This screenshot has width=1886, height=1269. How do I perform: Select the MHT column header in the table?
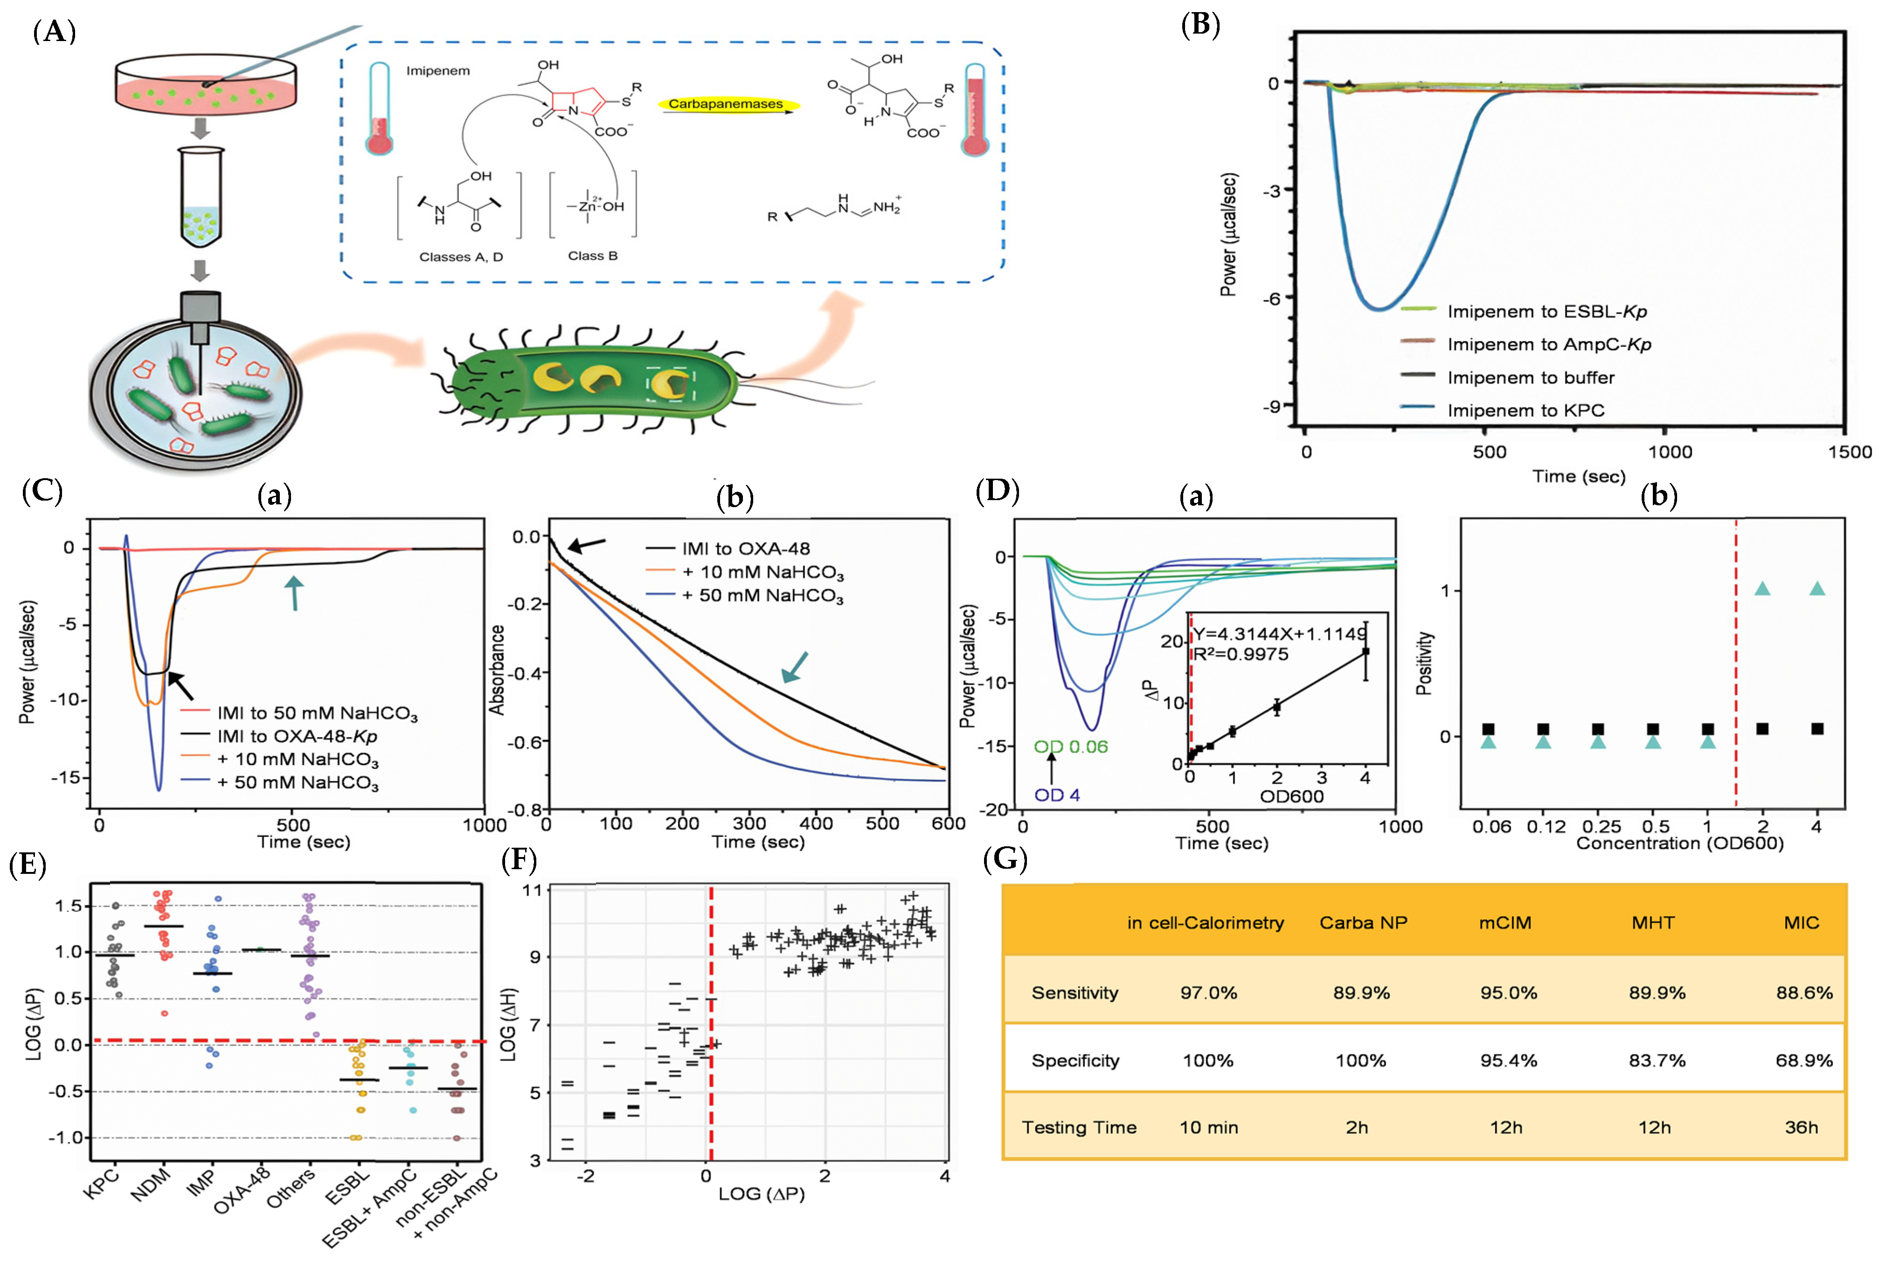coord(1652,923)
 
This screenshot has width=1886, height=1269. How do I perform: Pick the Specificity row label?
coord(1075,1060)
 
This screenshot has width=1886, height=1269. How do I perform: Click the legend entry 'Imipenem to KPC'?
coord(1525,410)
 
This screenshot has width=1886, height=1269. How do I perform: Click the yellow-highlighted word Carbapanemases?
coord(726,105)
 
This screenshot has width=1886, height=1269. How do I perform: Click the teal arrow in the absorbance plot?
coord(795,667)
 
